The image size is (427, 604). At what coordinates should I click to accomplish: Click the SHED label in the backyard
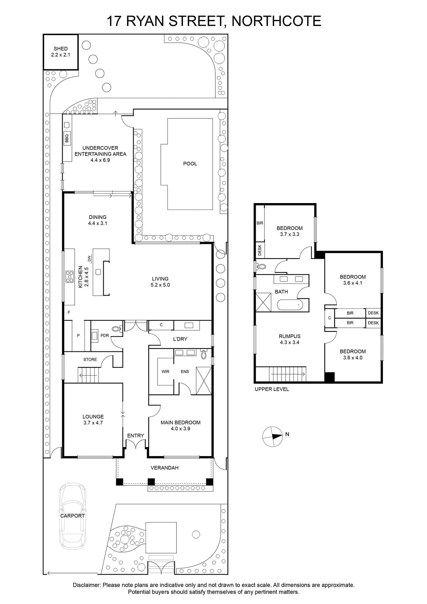pos(61,49)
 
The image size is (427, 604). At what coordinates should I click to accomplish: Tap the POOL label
pos(190,164)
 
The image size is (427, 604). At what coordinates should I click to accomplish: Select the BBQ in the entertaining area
pos(67,139)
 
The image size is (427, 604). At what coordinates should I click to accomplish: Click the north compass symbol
pos(273,436)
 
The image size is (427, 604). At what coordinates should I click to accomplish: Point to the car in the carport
pos(73,516)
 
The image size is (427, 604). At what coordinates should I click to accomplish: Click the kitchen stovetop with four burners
pos(69,277)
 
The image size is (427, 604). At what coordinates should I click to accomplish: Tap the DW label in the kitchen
pos(89,259)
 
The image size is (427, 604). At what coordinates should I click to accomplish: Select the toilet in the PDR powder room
pos(117,329)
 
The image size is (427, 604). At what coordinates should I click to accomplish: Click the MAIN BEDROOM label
pos(181,422)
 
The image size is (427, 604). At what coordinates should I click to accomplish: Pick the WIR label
pos(166,371)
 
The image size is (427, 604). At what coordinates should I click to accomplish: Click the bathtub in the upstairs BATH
pos(290,305)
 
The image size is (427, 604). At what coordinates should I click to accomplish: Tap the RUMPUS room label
pos(290,336)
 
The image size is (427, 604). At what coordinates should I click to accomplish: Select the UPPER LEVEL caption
pos(272,389)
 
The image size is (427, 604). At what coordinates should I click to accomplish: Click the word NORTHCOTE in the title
pos(276,21)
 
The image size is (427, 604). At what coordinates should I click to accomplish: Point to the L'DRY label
pos(180,339)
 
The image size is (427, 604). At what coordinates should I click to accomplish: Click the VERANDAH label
pos(164,468)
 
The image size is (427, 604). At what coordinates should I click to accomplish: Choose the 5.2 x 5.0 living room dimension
pos(160,285)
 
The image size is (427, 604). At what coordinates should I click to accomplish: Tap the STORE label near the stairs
pos(90,359)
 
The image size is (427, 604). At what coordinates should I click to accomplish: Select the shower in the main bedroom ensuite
pos(204,381)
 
